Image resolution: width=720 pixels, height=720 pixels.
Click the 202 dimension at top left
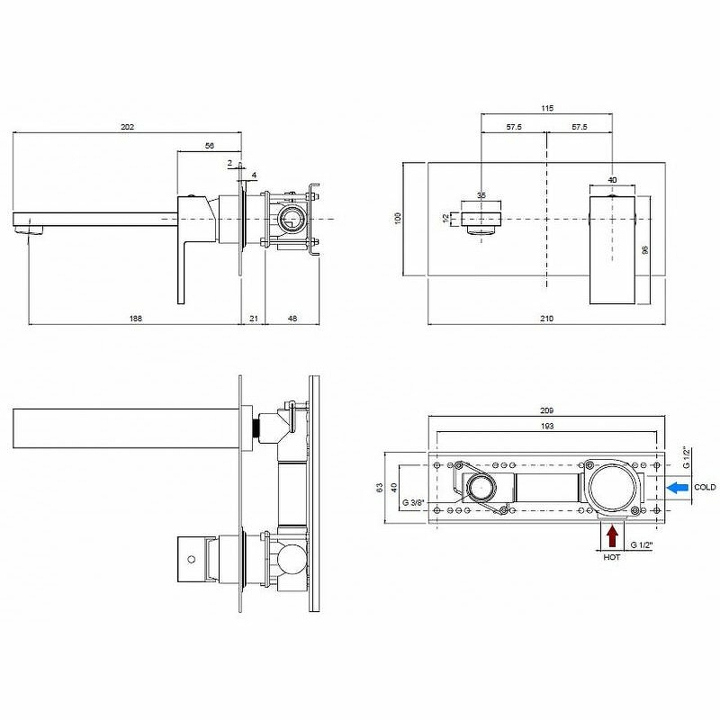tap(127, 127)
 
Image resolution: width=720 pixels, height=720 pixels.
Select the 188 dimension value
tap(136, 319)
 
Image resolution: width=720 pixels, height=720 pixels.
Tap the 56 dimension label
tap(210, 145)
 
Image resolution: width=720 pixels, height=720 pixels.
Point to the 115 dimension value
tap(547, 108)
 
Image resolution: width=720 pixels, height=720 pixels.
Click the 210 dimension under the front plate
tap(547, 319)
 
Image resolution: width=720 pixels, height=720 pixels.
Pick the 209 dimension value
tap(547, 410)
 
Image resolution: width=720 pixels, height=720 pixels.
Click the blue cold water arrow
tap(678, 487)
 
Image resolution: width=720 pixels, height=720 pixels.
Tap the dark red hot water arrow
tap(613, 535)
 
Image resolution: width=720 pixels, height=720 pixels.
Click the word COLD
tap(705, 487)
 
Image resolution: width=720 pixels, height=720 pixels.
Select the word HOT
tap(612, 558)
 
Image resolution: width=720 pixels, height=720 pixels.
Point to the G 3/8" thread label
tap(414, 501)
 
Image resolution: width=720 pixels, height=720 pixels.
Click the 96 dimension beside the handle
tap(645, 251)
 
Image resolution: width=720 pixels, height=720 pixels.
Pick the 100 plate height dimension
tap(395, 218)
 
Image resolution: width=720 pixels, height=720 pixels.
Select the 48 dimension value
tap(292, 319)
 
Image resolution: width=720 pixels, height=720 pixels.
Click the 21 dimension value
tap(254, 319)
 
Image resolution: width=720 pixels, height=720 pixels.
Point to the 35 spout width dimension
tap(481, 195)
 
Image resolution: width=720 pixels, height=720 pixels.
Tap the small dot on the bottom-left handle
tap(191, 559)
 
